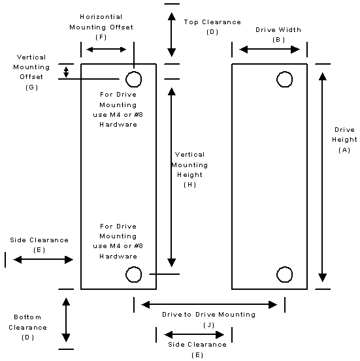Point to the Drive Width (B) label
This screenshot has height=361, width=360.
point(278,35)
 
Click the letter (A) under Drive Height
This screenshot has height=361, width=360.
point(344,150)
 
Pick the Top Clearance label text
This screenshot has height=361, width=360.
point(212,22)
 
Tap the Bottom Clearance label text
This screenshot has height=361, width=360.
point(27,322)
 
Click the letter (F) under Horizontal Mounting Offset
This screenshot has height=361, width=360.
point(101,37)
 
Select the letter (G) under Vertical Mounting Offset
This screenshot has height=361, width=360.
point(31,87)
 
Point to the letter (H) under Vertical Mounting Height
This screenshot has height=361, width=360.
point(189,185)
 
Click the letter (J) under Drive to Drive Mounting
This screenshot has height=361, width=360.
point(209,325)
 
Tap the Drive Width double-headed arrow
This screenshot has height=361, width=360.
point(269,49)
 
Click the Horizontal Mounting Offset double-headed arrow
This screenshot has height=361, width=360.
point(106,49)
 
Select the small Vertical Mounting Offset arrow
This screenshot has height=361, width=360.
point(66,72)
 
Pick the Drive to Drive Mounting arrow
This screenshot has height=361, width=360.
point(209,305)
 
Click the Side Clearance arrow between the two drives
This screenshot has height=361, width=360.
point(194,334)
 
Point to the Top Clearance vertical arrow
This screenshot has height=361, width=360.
point(171,35)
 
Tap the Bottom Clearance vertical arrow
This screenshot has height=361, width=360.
point(66,320)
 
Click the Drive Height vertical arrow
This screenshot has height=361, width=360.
point(323,177)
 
